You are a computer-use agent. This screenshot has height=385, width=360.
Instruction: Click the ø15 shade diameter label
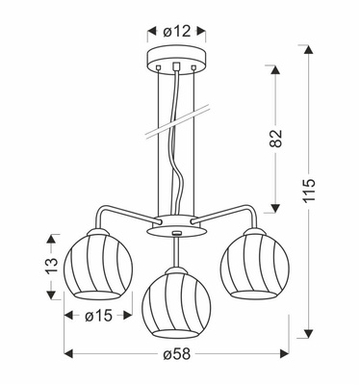(x=94, y=314)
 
